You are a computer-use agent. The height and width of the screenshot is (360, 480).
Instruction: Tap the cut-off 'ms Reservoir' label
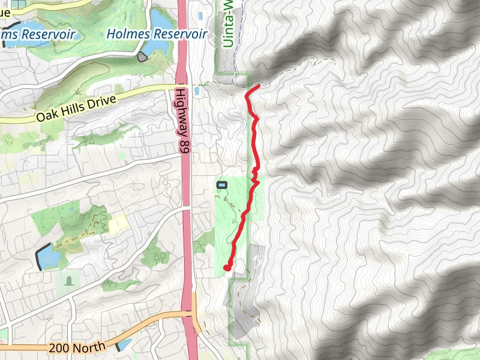click(x=37, y=35)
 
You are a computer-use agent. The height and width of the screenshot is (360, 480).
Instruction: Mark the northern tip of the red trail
click(x=258, y=87)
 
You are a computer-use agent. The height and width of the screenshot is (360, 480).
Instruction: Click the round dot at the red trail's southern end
click(x=227, y=268)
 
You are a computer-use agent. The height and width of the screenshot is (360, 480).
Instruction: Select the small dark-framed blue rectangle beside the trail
click(x=222, y=185)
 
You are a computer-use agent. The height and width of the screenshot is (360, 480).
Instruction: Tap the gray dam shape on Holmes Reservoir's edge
click(x=142, y=57)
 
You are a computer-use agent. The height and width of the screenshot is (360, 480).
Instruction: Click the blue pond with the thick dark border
click(x=48, y=257)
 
